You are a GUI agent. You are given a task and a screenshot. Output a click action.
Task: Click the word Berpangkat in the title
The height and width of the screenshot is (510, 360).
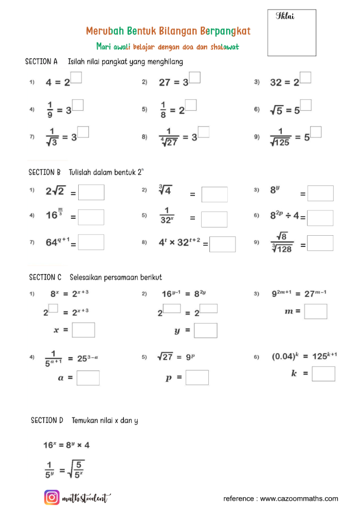coord(225,31)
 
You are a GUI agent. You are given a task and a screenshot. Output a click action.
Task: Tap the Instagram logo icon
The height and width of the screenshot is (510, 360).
coord(51,498)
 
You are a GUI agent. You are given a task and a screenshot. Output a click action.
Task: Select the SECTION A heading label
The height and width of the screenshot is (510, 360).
coord(41,62)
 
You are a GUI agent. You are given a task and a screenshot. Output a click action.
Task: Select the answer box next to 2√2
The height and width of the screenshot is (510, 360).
coord(91,192)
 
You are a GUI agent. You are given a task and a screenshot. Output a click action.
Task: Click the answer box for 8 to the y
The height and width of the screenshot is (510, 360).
coord(320,194)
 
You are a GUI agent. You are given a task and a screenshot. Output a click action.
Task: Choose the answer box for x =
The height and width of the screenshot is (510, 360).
coord(83,330)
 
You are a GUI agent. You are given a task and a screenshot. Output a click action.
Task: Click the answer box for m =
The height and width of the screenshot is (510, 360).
coord(316,311)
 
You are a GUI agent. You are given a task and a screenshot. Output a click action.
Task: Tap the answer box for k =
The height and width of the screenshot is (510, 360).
coord(323,374)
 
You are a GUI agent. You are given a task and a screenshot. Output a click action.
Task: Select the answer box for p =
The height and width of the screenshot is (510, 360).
coord(197,377)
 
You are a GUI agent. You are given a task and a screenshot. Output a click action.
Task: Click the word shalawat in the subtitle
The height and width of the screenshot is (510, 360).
coord(225,47)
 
